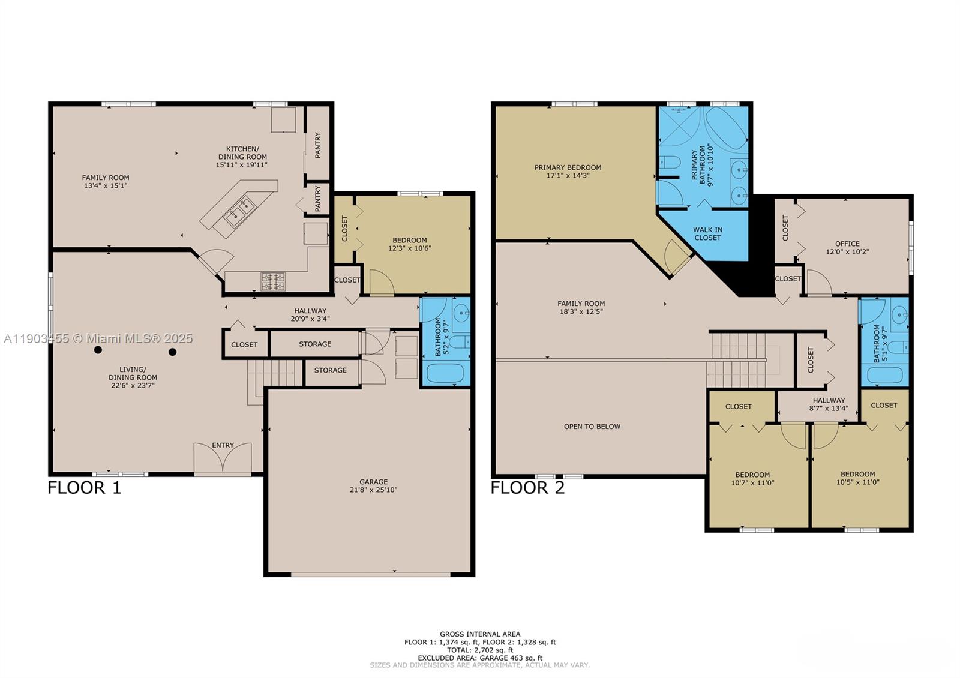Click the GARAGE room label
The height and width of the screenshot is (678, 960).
pos(373,482)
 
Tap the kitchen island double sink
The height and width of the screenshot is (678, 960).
pos(240,212)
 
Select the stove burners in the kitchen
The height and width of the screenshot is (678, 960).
pos(273,281)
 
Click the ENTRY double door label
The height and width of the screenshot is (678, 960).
pos(223,445)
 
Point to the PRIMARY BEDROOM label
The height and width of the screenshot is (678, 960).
pos(568,167)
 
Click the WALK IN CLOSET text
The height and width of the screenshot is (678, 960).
pos(707,233)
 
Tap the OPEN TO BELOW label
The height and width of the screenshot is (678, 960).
pos(592,427)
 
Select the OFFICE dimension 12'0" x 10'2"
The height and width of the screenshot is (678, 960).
pos(847,252)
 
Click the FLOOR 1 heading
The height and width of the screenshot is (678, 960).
pos(84,488)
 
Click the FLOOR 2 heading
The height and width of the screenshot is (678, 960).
pos(527,488)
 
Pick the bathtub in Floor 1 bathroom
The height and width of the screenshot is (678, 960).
pos(445,375)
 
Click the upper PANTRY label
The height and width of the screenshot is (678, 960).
pos(318,145)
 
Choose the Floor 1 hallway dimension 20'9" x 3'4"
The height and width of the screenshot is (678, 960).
pos(310,319)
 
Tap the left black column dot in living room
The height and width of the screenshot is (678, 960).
pos(98,350)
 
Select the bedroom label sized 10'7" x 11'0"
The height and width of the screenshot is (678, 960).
pos(752,478)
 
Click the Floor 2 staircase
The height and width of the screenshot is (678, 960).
pos(738,360)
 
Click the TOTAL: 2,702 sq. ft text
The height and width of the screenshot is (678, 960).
pos(480,650)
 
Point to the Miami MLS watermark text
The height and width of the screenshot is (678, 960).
pos(99,338)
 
